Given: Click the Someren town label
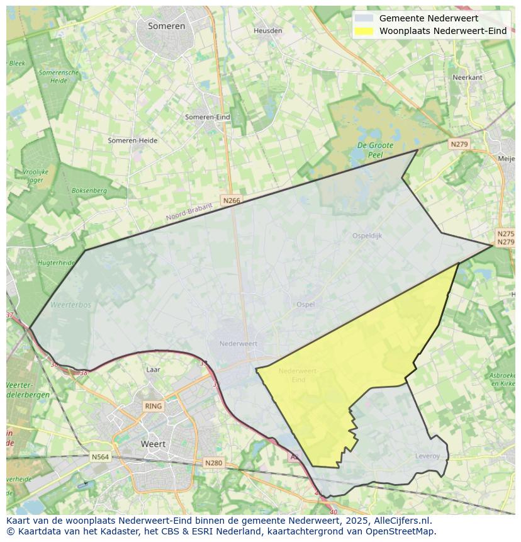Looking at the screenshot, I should [x=167, y=26].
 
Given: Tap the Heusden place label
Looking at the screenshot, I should [x=267, y=31].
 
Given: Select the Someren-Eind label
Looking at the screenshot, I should [x=207, y=117].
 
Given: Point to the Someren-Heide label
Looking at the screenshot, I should [x=132, y=140].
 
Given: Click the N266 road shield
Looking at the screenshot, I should [x=232, y=201].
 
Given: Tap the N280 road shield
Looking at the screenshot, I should [x=214, y=463].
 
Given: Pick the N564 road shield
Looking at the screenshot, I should [x=100, y=458].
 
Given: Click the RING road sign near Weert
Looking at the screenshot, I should [x=153, y=406].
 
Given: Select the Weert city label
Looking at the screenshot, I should [x=153, y=444].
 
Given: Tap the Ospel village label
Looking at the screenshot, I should [x=305, y=305].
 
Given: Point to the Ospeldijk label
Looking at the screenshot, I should [x=367, y=236].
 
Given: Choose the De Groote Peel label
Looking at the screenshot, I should [x=375, y=150].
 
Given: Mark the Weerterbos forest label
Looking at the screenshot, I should [x=70, y=305].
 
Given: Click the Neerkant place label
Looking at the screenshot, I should [x=468, y=77].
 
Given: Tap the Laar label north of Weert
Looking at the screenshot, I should [x=153, y=370].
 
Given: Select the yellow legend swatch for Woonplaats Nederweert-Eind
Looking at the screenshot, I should [x=364, y=31].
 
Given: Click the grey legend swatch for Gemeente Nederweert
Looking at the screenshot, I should [x=364, y=18].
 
